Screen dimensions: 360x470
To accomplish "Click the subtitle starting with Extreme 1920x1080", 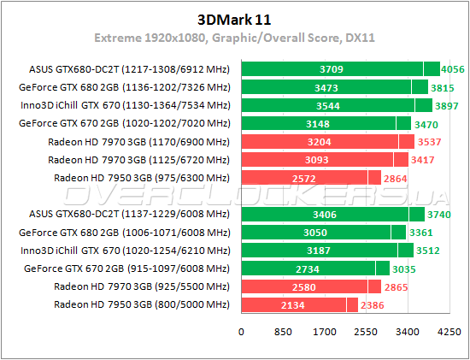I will [x=234, y=38].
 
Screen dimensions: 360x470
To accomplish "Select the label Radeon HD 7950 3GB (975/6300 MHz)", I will [x=138, y=177].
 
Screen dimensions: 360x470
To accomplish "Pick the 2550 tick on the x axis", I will [x=367, y=330].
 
